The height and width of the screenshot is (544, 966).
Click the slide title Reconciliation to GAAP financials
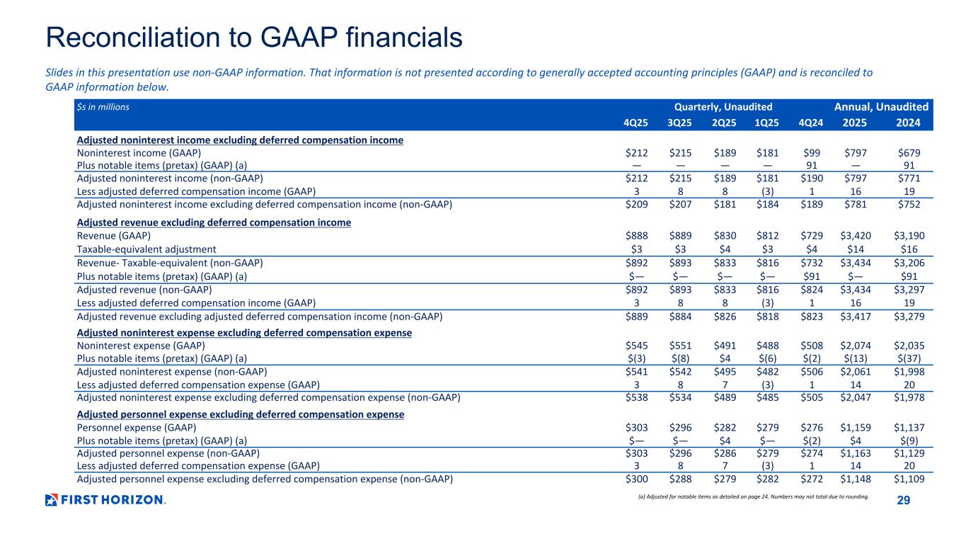(x=254, y=38)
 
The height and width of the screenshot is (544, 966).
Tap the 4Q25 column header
(x=636, y=122)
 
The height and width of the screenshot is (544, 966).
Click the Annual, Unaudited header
(x=881, y=107)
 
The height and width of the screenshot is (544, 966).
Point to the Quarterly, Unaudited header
(x=723, y=107)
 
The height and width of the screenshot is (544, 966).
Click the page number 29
(x=903, y=501)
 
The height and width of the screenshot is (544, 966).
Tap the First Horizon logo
(x=105, y=500)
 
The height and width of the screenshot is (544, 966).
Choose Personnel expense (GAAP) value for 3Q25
(x=680, y=428)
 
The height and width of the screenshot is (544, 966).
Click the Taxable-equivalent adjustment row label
(x=146, y=249)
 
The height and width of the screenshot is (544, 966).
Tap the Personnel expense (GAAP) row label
(x=136, y=428)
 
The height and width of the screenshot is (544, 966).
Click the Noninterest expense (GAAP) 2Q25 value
(x=723, y=346)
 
